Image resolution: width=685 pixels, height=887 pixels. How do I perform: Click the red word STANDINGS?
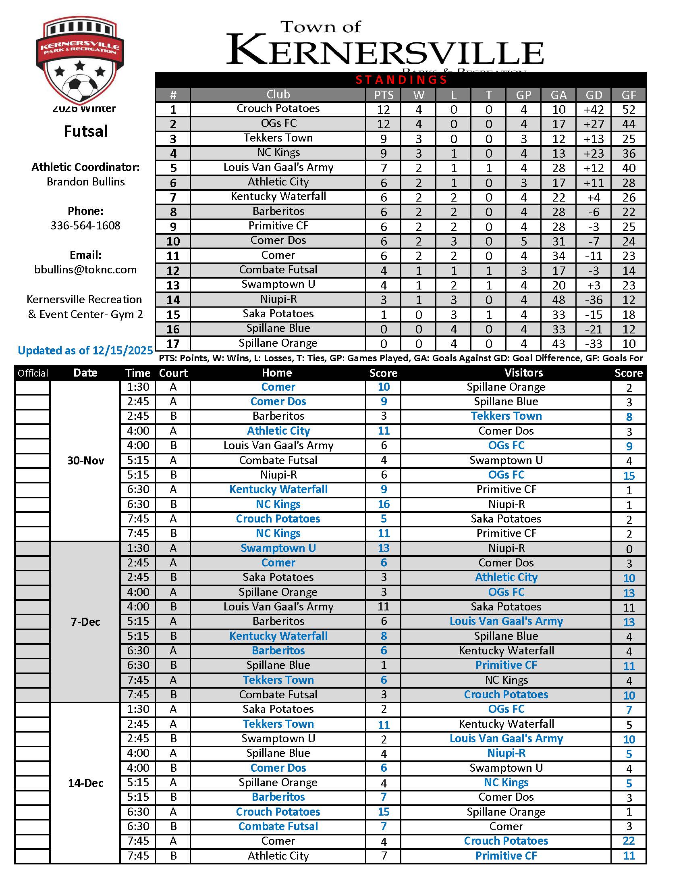[401, 79]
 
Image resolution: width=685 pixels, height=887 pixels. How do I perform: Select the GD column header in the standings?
[593, 95]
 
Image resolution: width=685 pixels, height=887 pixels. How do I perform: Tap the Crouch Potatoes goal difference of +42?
[593, 110]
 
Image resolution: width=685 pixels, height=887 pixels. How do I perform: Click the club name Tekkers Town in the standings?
[278, 138]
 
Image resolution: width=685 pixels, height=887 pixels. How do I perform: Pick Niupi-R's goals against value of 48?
[558, 300]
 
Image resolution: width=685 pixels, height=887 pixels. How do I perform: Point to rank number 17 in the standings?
[173, 344]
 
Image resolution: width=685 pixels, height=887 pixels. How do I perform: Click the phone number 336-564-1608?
[85, 225]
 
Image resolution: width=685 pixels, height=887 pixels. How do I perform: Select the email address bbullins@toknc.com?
[85, 270]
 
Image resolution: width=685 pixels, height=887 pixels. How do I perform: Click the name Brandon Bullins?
[85, 181]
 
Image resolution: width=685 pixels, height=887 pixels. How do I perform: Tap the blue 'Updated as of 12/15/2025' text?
[85, 350]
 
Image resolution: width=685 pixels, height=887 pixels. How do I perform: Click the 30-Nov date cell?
[85, 460]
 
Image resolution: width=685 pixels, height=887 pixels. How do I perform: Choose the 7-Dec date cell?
[85, 622]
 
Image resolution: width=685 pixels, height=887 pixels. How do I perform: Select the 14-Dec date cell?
[85, 783]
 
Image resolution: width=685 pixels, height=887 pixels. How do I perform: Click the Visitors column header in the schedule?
[523, 373]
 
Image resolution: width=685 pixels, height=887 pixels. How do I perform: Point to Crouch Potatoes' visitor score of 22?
[629, 841]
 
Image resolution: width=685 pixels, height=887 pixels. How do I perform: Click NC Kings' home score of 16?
[384, 504]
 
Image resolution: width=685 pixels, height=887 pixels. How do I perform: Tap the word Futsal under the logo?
[85, 131]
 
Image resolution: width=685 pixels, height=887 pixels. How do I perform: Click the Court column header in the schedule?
[173, 373]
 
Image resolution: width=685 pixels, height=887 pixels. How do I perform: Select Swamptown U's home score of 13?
[384, 548]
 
